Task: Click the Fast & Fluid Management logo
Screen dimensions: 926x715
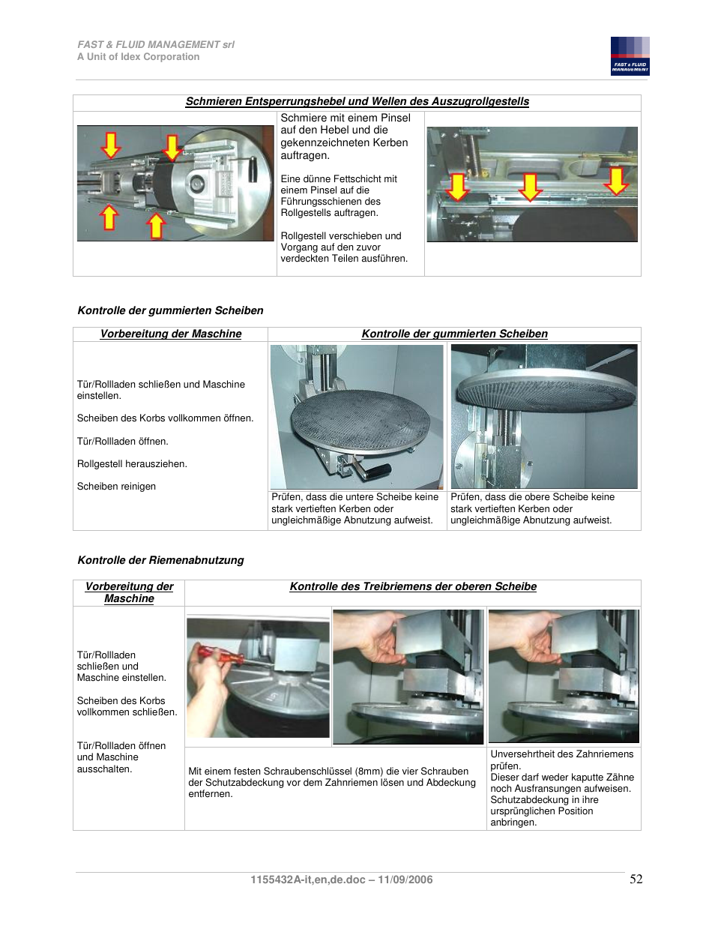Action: point(630,56)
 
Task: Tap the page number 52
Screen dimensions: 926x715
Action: point(636,879)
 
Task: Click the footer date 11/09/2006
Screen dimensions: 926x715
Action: point(405,880)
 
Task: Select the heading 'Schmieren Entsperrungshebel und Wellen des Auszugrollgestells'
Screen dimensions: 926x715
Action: point(357,101)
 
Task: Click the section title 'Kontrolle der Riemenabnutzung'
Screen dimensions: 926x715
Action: point(160,560)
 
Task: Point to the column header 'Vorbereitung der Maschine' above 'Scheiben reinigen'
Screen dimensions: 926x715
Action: point(171,334)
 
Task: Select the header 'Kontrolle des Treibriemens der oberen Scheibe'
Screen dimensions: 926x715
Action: point(413,586)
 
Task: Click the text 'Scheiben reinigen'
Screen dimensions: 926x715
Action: point(116,487)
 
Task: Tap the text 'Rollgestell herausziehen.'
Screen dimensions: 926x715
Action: point(132,464)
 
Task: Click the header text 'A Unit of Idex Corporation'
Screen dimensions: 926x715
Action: point(138,57)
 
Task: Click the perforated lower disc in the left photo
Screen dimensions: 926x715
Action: point(357,420)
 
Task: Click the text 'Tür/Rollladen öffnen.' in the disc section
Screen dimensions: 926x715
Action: point(122,442)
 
